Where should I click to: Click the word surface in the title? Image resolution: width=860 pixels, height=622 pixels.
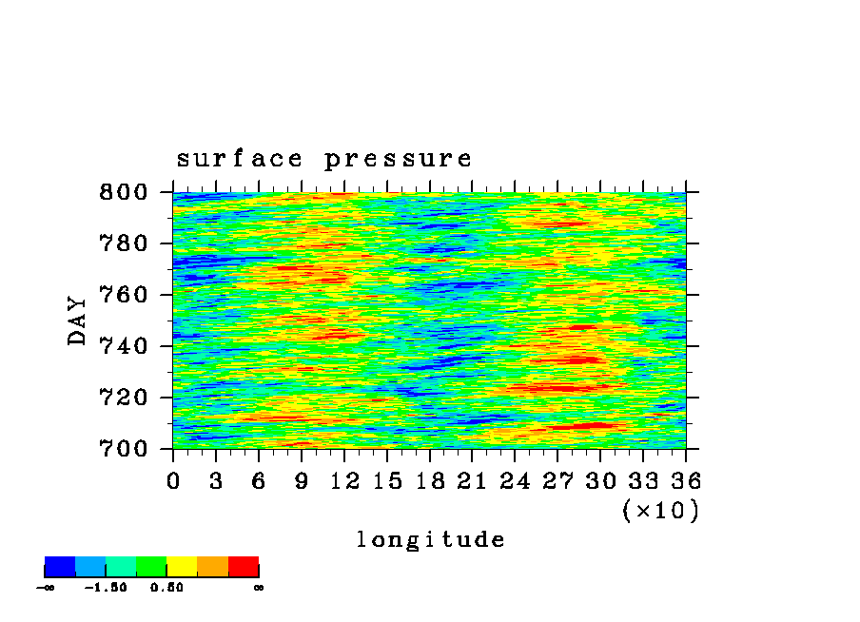tap(239, 159)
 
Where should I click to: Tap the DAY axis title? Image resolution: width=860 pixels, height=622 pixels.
tap(77, 321)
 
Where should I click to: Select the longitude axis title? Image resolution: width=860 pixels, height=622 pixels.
tap(431, 539)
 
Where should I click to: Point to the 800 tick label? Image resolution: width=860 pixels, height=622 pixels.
tap(124, 192)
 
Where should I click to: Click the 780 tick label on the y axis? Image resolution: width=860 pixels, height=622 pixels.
tap(124, 243)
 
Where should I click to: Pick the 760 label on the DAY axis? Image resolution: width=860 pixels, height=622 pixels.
tap(124, 295)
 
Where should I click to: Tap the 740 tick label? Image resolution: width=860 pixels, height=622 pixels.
tap(124, 346)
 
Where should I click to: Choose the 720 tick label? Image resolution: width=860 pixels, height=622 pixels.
tap(124, 398)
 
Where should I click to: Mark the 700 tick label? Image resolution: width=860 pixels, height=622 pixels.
tap(124, 449)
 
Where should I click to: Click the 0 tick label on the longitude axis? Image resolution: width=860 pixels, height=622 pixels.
tap(173, 481)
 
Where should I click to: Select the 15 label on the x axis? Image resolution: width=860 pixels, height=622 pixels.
tap(387, 481)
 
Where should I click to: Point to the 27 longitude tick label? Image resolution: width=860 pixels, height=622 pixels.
tap(557, 481)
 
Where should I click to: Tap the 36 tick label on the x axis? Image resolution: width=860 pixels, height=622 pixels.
tap(686, 481)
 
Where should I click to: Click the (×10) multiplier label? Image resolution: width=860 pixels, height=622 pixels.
tap(661, 511)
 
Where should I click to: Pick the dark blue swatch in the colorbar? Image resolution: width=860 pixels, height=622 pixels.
tap(60, 567)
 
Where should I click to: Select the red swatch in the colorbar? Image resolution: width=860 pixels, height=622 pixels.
tap(244, 567)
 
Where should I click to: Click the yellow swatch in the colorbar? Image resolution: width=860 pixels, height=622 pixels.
tap(182, 567)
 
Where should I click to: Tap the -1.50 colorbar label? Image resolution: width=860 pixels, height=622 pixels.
tap(106, 588)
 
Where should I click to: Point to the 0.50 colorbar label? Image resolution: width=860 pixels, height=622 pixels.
tap(166, 588)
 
